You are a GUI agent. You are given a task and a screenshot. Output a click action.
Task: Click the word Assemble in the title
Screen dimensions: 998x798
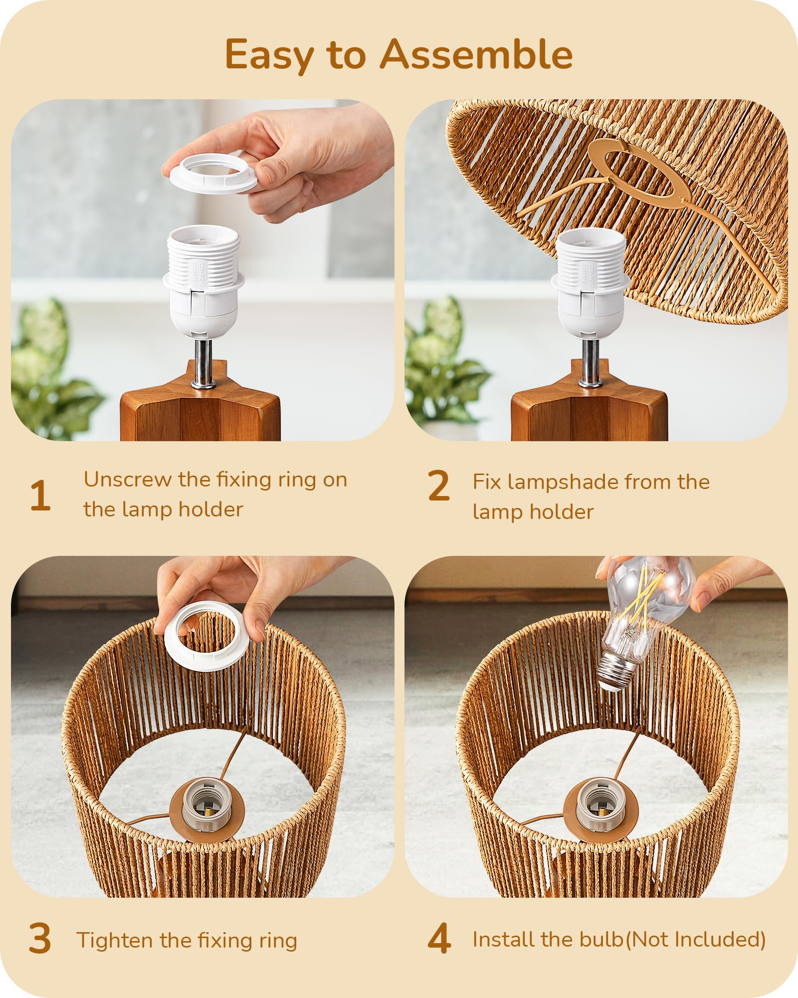[x=476, y=55]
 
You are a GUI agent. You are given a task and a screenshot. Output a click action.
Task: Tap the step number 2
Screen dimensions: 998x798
[x=438, y=486]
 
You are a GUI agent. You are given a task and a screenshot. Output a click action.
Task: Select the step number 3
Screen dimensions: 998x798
[x=40, y=939]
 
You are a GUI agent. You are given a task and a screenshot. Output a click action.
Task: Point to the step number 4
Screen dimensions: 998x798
[x=439, y=939]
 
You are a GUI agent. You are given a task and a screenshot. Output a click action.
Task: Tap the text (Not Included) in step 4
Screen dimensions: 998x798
[x=695, y=940]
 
